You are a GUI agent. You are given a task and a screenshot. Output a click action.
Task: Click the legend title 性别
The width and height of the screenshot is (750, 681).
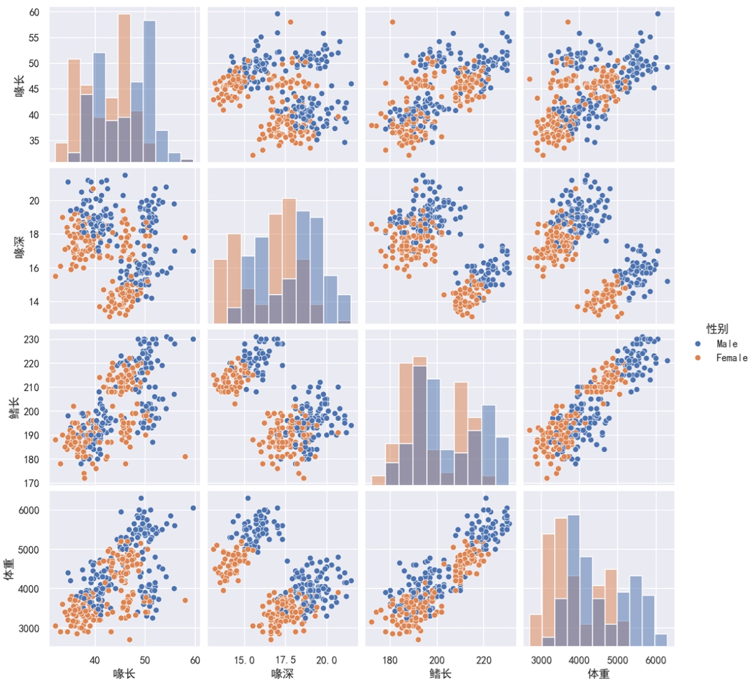pos(717,329)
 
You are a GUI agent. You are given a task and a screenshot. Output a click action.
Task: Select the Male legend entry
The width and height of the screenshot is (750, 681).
pos(727,344)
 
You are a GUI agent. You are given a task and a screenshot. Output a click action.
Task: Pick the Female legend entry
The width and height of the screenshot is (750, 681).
pos(731,358)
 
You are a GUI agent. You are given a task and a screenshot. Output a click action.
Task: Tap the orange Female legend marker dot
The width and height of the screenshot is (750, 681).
pos(698,358)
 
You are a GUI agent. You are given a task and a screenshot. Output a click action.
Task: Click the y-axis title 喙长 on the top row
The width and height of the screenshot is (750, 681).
pos(20,84)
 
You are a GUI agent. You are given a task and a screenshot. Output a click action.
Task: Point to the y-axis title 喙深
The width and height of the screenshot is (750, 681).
pos(20,246)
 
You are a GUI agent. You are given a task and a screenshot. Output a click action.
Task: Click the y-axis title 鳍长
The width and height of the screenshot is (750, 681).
pos(14,408)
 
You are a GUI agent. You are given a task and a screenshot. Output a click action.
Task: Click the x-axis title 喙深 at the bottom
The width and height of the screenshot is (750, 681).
pos(282,674)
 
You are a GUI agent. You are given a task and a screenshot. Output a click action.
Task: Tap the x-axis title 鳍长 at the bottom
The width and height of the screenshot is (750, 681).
pos(440,674)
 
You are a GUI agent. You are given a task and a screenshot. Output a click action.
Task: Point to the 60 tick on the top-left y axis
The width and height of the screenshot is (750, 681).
pos(34,12)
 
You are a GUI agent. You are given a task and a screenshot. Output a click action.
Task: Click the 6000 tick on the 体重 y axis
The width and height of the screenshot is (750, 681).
pos(29,510)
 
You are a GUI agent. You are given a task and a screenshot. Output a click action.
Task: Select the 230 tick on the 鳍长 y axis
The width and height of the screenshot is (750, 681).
pos(32,340)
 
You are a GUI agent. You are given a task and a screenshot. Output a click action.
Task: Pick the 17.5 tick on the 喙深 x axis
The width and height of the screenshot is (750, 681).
pos(285,660)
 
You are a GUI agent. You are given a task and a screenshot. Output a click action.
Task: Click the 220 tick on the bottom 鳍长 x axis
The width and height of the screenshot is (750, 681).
pos(484,660)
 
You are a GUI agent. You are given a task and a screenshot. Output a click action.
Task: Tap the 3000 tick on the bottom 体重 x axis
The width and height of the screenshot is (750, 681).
pos(541,660)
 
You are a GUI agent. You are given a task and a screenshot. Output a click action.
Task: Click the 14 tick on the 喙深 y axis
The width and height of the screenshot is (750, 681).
pos(34,302)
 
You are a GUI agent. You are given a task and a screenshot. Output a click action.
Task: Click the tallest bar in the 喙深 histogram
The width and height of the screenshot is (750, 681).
pos(289,261)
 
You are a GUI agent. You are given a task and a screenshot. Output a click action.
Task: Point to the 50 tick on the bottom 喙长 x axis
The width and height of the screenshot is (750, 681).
pos(145,660)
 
